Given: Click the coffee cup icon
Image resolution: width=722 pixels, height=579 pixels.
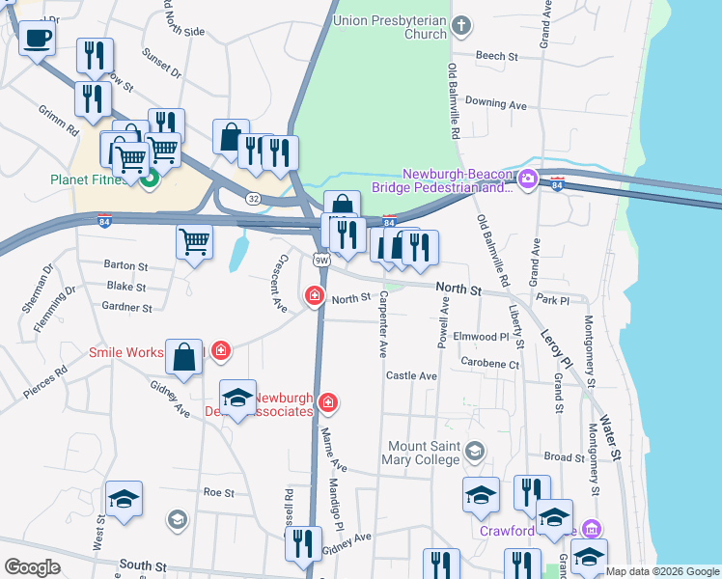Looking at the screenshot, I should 37,39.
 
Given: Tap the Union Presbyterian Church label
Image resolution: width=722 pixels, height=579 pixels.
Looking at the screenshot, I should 390,27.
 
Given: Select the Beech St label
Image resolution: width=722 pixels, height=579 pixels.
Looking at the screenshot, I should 497,56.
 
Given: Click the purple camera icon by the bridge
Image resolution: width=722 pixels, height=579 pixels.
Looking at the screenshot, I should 527,179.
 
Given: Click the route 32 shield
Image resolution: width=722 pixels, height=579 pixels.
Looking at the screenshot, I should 252,198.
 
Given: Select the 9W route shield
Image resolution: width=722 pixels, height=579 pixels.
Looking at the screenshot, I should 321,260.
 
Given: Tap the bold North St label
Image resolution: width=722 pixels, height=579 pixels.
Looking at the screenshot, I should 458,289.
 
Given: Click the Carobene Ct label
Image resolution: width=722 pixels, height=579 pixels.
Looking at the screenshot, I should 489,365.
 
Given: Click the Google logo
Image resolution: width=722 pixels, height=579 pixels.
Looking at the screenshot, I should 32,567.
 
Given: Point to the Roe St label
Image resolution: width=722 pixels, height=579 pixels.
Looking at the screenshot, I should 219,492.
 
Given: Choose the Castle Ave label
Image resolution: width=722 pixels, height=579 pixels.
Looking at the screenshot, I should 411,375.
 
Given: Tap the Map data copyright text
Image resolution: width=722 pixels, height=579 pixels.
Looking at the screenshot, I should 661,571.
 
